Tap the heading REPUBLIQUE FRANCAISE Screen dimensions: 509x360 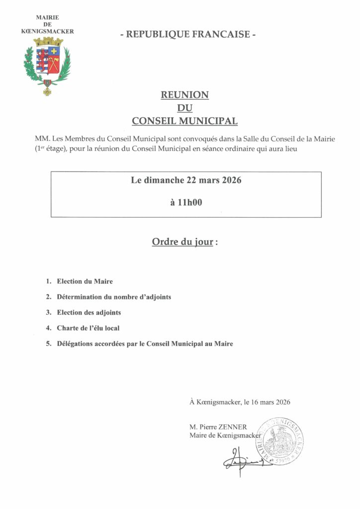tap(188, 34)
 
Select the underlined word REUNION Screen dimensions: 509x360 tap(184, 94)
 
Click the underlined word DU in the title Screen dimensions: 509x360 tap(184, 107)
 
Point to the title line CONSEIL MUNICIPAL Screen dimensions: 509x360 tap(184, 121)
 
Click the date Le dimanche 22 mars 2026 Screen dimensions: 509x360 tap(186, 181)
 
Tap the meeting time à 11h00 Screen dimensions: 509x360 tap(186, 203)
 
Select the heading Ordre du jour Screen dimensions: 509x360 tap(182, 243)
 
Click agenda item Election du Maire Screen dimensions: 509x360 tap(85, 281)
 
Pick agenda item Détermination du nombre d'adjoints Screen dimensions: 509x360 tap(114, 297)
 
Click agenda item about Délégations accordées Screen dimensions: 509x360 tap(145, 343)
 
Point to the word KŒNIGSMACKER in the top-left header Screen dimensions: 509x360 tap(47, 31)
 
